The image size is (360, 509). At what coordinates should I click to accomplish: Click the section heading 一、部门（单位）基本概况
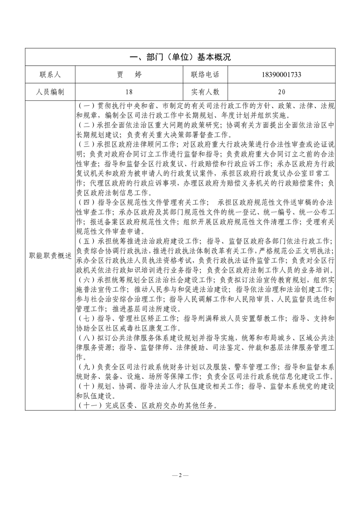coord(180,57)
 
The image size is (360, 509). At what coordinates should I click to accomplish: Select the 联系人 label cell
coord(50,74)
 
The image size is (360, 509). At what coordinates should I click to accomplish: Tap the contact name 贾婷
coord(130,74)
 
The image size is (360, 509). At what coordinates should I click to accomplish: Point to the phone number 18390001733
coord(281,74)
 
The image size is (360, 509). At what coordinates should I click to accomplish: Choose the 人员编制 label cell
coord(50,92)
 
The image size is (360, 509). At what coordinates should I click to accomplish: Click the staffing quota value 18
coord(130,92)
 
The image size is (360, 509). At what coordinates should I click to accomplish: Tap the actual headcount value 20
coord(281,92)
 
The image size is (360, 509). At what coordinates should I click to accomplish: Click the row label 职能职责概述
coord(50,255)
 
